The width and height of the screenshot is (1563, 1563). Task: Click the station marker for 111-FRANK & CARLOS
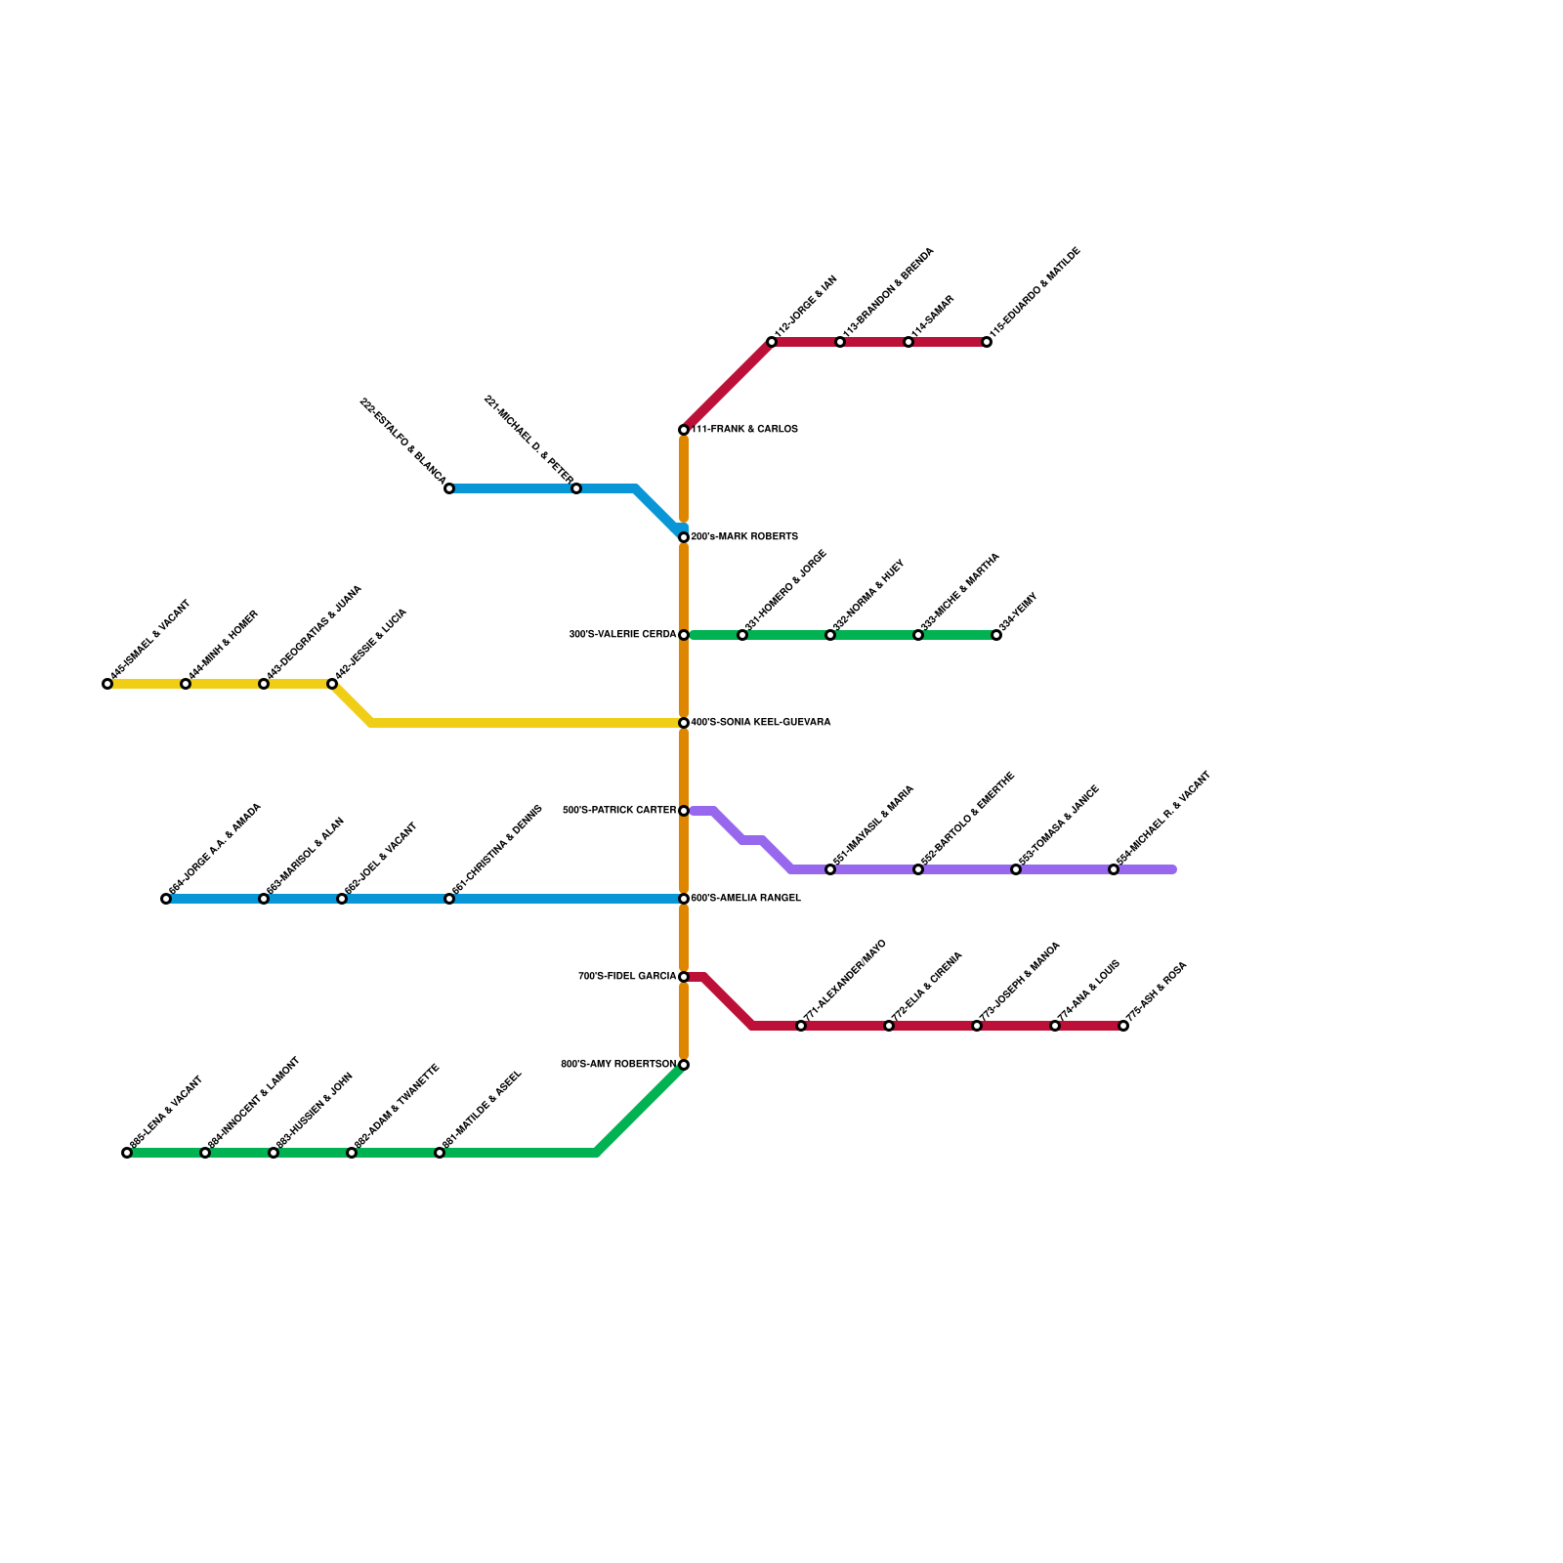click(x=684, y=430)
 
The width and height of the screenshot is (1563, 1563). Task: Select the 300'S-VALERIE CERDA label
click(x=622, y=635)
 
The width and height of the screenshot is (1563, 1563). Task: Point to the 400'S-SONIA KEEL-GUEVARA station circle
click(x=684, y=723)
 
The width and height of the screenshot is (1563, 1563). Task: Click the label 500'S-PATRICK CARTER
click(x=619, y=811)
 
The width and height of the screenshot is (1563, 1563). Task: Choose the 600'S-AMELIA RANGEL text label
click(x=745, y=899)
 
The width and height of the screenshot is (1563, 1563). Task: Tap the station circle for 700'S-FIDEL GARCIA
click(x=684, y=977)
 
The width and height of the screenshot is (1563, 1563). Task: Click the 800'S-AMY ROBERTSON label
click(x=618, y=1065)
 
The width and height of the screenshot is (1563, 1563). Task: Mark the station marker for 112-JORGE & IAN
click(x=772, y=342)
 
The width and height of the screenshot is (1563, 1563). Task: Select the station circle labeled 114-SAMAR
click(x=908, y=342)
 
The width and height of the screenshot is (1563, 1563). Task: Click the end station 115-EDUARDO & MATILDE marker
click(x=987, y=342)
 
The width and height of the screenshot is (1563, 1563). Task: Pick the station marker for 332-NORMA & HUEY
click(x=830, y=635)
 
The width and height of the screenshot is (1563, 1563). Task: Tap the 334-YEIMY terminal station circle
click(x=996, y=635)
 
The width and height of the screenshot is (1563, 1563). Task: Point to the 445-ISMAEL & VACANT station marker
click(x=107, y=684)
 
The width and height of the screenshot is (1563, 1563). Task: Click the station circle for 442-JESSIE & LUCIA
click(x=332, y=684)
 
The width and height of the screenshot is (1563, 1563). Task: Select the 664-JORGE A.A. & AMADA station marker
click(x=166, y=899)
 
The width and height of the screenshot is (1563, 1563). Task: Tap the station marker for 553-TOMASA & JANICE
click(x=1016, y=869)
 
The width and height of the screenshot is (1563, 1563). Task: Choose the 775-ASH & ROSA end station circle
click(x=1123, y=1026)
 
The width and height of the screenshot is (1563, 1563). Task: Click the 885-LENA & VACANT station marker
click(x=127, y=1153)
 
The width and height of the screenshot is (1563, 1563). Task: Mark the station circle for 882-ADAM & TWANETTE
click(x=352, y=1153)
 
